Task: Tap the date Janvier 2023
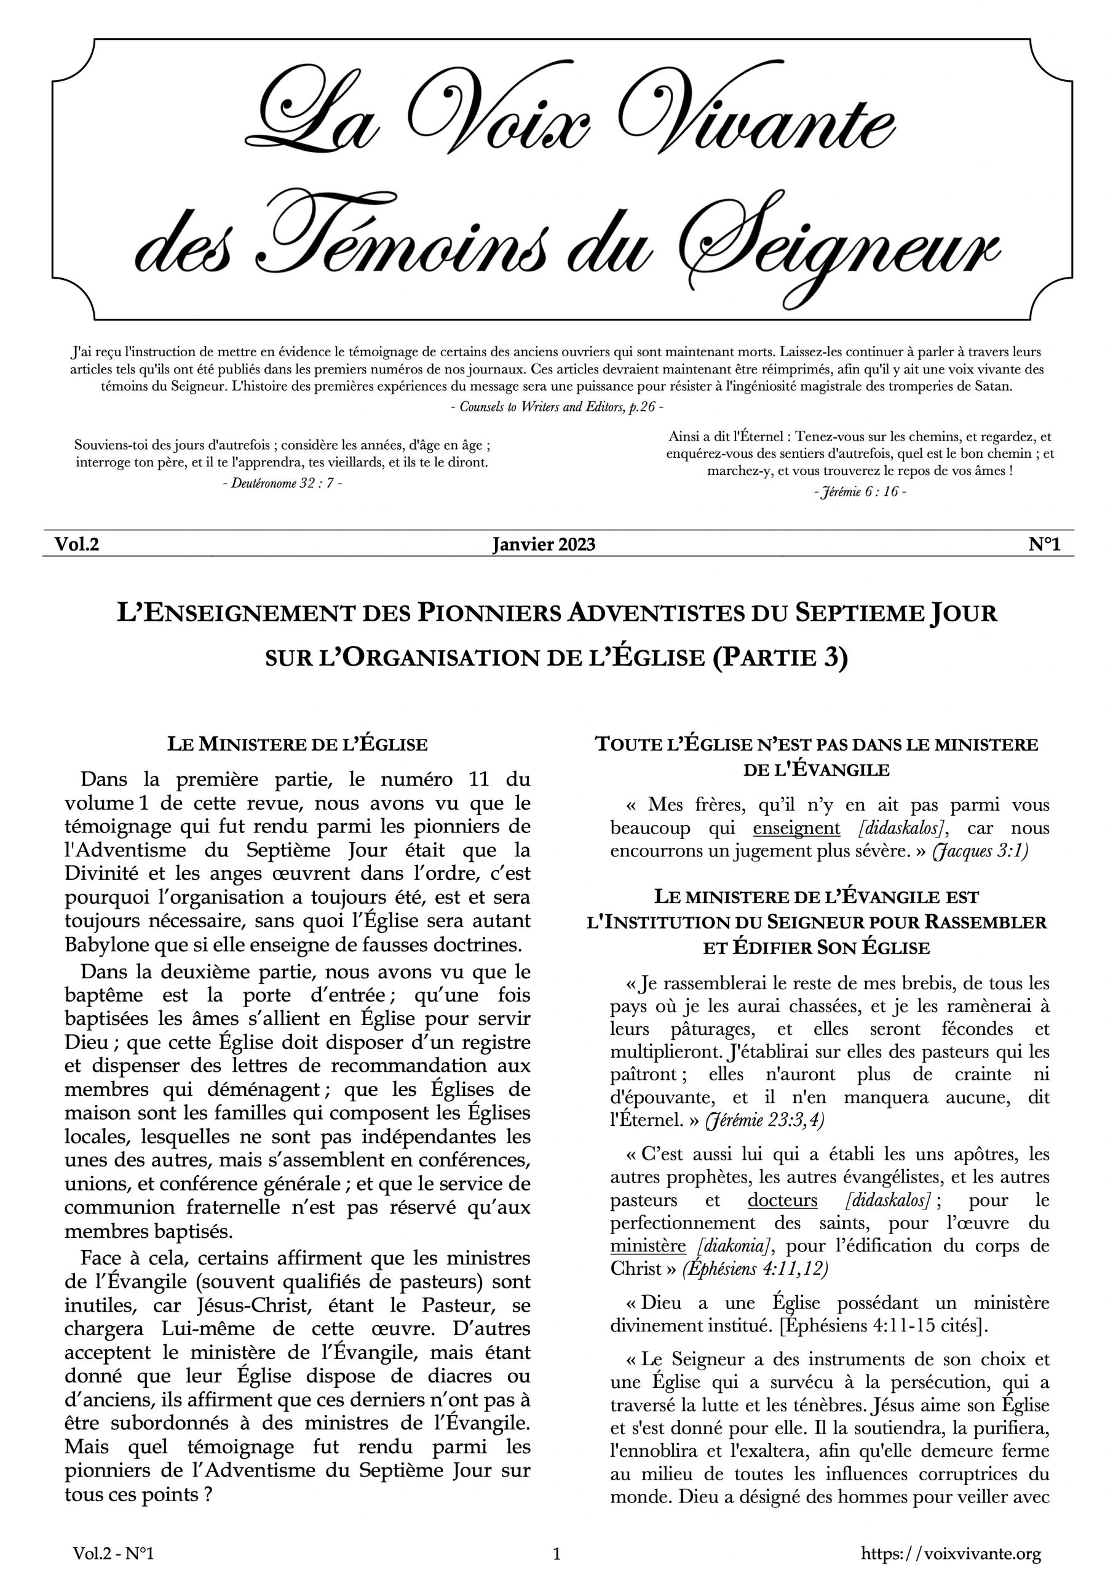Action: (x=543, y=544)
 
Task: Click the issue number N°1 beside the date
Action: (x=1044, y=544)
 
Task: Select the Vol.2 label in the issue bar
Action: (x=77, y=544)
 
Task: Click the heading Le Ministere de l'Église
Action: (x=298, y=744)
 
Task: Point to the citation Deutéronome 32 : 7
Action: (x=282, y=483)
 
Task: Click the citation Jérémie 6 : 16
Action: (x=859, y=493)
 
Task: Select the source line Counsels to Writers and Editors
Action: (x=557, y=407)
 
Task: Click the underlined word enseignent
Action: (x=796, y=829)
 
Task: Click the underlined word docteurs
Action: (x=782, y=1200)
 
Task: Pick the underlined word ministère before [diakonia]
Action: (x=648, y=1246)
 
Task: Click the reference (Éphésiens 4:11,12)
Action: (x=755, y=1269)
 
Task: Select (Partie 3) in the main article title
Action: (x=780, y=658)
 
